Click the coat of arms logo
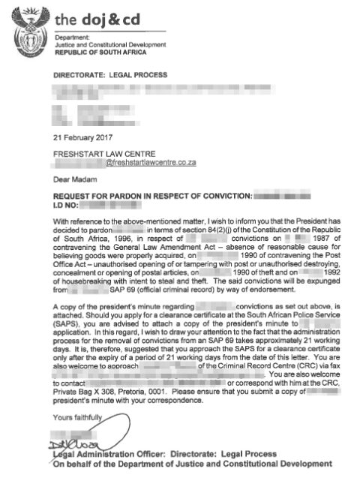tap(29, 28)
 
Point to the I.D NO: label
tap(65, 203)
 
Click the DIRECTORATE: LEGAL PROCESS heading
tap(110, 76)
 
